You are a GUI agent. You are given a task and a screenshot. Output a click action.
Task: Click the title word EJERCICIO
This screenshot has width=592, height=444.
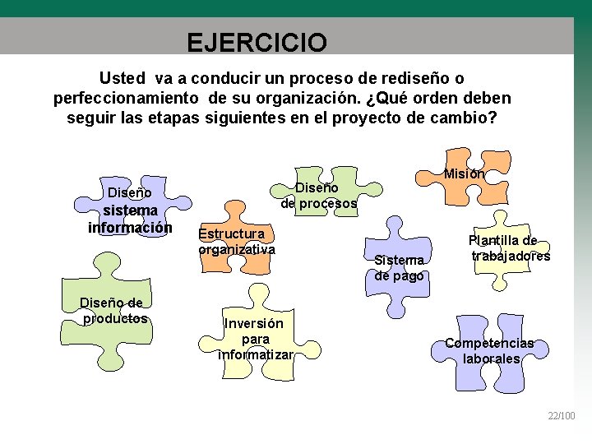256,41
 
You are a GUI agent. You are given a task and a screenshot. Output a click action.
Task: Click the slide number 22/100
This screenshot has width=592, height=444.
562,417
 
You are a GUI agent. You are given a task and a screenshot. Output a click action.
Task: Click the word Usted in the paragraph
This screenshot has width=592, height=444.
122,78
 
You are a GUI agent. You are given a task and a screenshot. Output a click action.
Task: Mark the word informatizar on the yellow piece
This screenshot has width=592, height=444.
255,354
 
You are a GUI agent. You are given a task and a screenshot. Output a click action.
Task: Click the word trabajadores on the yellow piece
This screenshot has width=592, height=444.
511,256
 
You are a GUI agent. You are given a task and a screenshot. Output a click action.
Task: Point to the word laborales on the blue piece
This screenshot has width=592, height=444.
491,358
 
